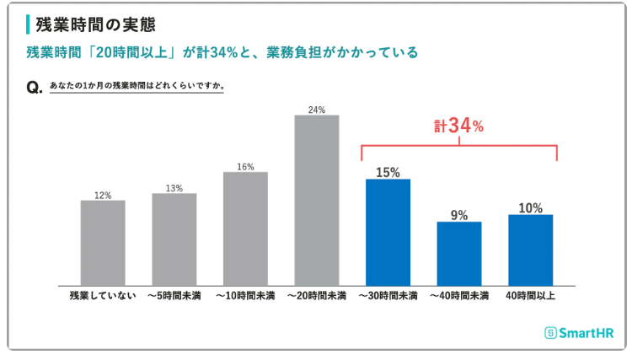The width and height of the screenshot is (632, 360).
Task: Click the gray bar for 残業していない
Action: [x=103, y=243]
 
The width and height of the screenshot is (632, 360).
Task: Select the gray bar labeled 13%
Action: [x=174, y=239]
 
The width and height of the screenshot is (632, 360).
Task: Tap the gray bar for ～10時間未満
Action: [x=245, y=228]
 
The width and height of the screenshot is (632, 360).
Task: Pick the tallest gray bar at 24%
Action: [x=317, y=201]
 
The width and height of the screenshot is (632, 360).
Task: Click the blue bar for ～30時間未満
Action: [x=388, y=233]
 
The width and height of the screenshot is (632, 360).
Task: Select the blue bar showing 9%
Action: [x=459, y=254]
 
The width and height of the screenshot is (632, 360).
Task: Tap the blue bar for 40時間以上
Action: [x=531, y=250]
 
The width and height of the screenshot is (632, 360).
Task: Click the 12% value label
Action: [x=103, y=195]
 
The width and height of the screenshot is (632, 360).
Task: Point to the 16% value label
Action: [x=245, y=166]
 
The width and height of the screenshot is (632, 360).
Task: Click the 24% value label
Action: [x=317, y=110]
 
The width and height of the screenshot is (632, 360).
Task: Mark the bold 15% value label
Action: [x=388, y=172]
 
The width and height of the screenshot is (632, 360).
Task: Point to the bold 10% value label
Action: [x=531, y=207]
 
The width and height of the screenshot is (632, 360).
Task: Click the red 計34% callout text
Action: [x=459, y=126]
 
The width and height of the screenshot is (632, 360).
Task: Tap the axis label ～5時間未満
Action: [x=174, y=296]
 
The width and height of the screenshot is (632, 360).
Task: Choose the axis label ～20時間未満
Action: [x=317, y=296]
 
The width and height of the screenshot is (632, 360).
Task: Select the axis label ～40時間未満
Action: [x=459, y=296]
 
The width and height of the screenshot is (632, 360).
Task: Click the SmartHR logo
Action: [x=578, y=333]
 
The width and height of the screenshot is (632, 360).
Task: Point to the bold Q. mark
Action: [x=35, y=88]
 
